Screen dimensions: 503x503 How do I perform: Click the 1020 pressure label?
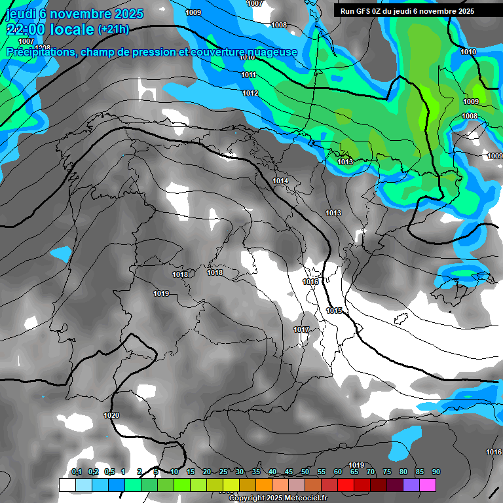pyautogui.click(x=111, y=415)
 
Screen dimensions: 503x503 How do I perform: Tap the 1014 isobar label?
pyautogui.click(x=280, y=181)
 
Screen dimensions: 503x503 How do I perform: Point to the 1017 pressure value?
pyautogui.click(x=301, y=329)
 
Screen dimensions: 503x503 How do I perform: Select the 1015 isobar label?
pyautogui.click(x=334, y=310)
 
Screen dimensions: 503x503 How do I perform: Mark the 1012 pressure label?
pyautogui.click(x=250, y=94)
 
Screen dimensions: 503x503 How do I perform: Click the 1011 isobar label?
pyautogui.click(x=248, y=75)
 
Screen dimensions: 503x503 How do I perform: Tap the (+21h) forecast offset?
pyautogui.click(x=113, y=29)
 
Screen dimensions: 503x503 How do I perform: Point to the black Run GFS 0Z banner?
pyautogui.click(x=417, y=10)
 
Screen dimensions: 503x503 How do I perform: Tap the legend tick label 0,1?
pyautogui.click(x=77, y=472)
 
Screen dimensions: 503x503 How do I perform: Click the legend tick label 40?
pyautogui.click(x=272, y=472)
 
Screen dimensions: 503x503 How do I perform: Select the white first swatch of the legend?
pyautogui.click(x=67, y=485)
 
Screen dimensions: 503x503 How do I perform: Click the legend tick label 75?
pyautogui.click(x=387, y=472)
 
